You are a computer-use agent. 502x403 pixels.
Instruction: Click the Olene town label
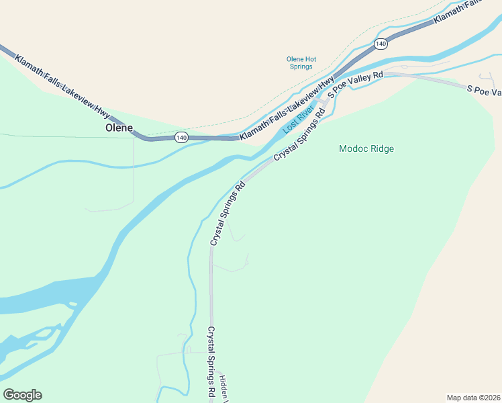(x=119, y=127)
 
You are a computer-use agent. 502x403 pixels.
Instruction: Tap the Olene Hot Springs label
(x=301, y=63)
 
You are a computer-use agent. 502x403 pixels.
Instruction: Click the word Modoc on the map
(x=354, y=148)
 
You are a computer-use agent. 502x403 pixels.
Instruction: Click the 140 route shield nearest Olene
(x=181, y=137)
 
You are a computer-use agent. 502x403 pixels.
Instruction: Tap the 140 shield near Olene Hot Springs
(x=381, y=44)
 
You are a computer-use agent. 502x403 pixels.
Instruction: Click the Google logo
(x=22, y=395)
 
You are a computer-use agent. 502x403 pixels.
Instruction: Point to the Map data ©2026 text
(x=473, y=397)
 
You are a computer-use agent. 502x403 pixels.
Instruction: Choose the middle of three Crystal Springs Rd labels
(x=227, y=213)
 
